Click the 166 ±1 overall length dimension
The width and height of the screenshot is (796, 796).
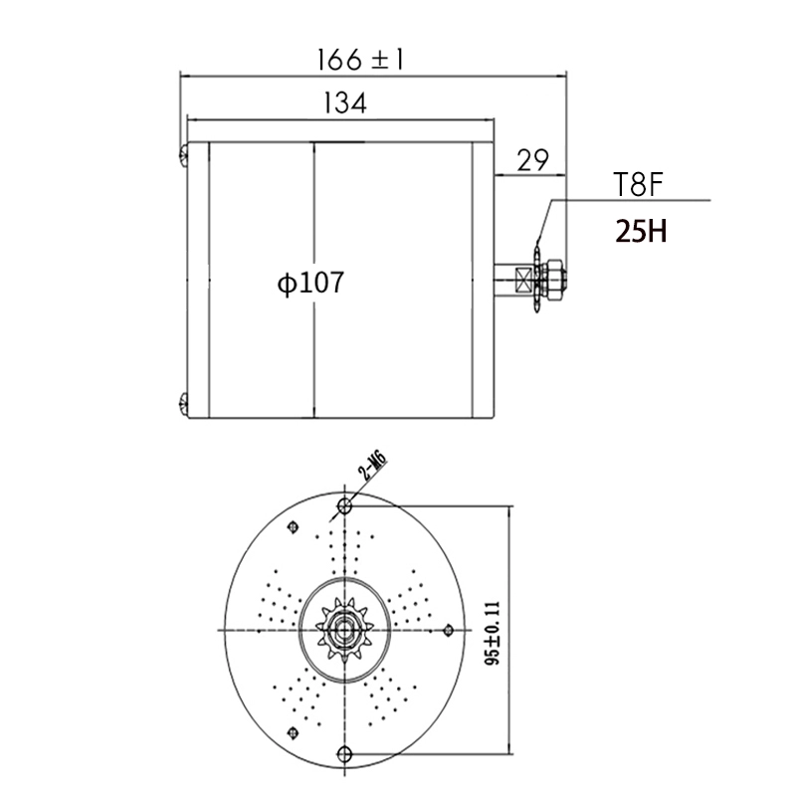pyautogui.click(x=360, y=60)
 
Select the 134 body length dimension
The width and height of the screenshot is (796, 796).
pyautogui.click(x=344, y=103)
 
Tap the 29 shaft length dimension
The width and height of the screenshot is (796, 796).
pyautogui.click(x=532, y=160)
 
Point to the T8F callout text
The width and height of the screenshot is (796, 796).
pyautogui.click(x=638, y=184)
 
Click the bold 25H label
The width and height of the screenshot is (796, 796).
pyautogui.click(x=641, y=231)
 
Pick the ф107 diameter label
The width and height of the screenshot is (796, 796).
pyautogui.click(x=310, y=283)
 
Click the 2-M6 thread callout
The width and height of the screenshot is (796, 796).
pyautogui.click(x=372, y=467)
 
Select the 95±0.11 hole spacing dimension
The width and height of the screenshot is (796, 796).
pyautogui.click(x=492, y=633)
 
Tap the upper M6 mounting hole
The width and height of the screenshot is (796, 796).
pyautogui.click(x=344, y=505)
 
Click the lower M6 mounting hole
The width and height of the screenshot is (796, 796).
pyautogui.click(x=344, y=754)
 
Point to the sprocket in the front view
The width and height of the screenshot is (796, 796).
pyautogui.click(x=344, y=631)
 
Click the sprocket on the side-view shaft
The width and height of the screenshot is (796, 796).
pyautogui.click(x=537, y=279)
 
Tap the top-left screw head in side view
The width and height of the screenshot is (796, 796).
pyautogui.click(x=184, y=155)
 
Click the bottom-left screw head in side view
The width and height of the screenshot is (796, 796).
pyautogui.click(x=184, y=404)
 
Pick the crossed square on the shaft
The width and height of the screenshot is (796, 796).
pyautogui.click(x=523, y=280)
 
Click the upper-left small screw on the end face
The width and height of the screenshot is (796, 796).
pyautogui.click(x=293, y=527)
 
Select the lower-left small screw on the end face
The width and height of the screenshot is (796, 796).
pyautogui.click(x=293, y=733)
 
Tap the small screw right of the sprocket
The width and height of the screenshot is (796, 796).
pyautogui.click(x=448, y=631)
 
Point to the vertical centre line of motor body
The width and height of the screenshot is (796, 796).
pyautogui.click(x=314, y=281)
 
